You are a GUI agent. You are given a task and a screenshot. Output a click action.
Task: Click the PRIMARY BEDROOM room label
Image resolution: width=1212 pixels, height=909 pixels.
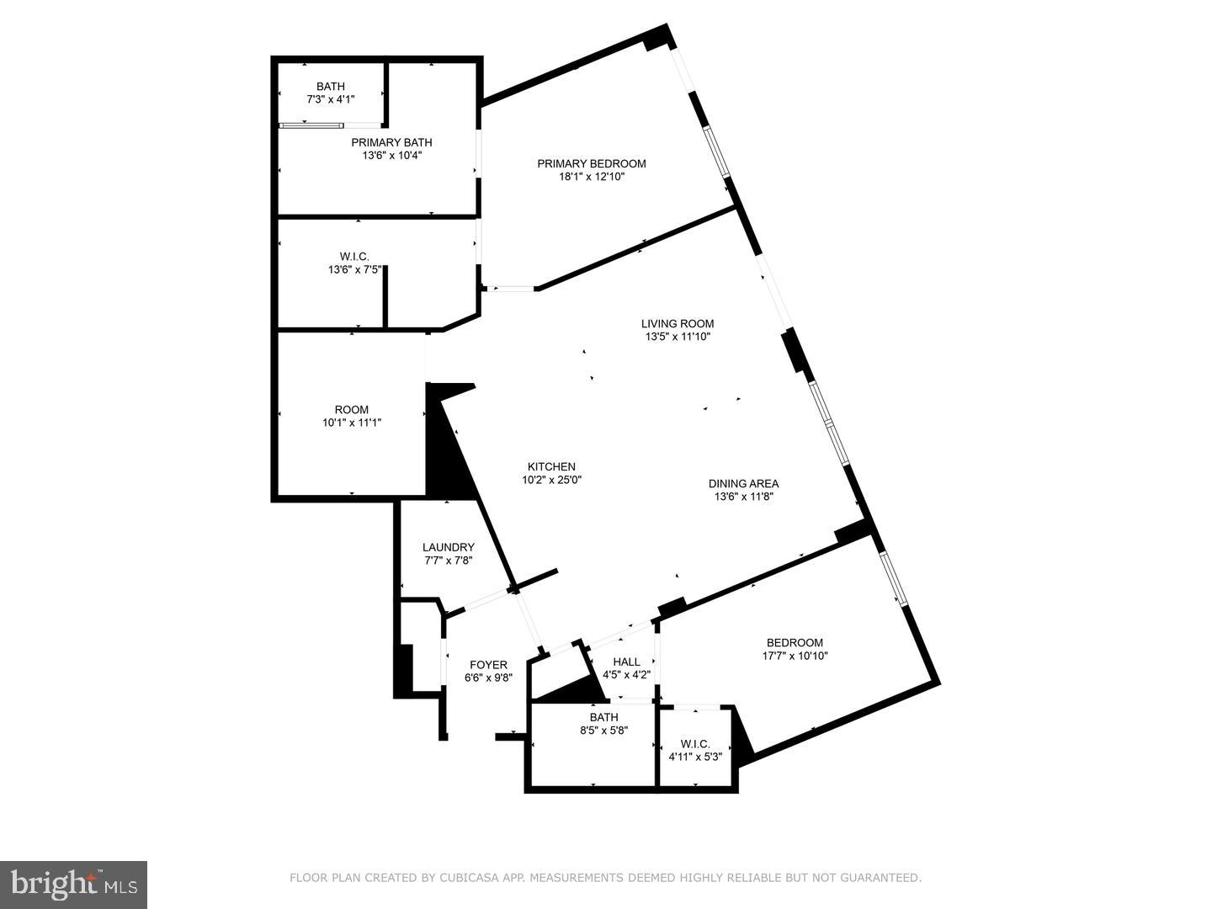[x=592, y=164]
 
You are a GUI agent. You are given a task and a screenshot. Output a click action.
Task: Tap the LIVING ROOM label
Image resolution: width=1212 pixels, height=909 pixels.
[x=678, y=324]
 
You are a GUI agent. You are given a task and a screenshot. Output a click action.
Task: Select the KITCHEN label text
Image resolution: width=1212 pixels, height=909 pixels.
[x=551, y=467]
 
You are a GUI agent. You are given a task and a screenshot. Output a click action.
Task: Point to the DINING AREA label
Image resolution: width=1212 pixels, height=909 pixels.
[x=744, y=484]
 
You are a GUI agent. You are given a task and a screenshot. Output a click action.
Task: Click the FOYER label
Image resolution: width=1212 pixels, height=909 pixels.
[x=489, y=665]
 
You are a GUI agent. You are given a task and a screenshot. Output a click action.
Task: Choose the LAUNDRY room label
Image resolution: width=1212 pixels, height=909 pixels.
[x=449, y=547]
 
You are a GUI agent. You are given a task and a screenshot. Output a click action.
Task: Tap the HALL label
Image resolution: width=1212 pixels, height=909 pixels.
[x=627, y=662]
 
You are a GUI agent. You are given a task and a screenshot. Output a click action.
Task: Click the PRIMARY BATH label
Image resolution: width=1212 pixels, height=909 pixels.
[x=392, y=142]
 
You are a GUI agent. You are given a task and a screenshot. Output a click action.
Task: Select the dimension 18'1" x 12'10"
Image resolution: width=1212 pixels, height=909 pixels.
[x=592, y=177]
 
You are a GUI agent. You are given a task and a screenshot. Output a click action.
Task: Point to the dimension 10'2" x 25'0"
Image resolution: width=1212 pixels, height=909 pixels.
[x=552, y=480]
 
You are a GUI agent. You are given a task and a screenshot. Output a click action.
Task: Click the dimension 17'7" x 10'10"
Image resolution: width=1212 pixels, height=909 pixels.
[x=795, y=656]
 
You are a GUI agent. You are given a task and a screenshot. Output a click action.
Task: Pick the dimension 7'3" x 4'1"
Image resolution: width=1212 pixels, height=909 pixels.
[x=331, y=100]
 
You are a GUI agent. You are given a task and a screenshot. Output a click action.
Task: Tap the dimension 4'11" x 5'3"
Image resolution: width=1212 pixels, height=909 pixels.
[x=696, y=757]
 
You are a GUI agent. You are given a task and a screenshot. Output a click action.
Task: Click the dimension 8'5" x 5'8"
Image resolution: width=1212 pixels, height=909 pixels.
[x=604, y=731]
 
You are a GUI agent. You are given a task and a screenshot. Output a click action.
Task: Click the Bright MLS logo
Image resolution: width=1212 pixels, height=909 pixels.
[x=73, y=885]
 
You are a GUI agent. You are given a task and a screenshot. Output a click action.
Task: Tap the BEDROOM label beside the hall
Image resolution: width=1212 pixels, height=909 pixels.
[x=795, y=643]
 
